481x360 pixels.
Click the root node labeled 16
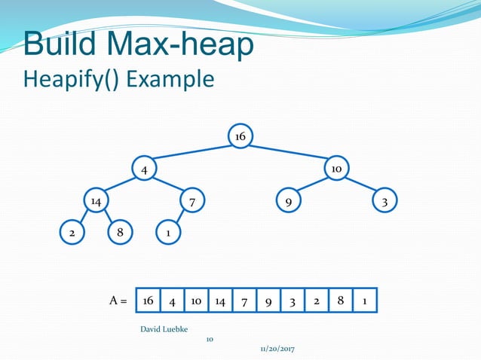tap(240, 136)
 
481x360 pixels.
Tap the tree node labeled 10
tap(336, 169)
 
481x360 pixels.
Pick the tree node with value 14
tap(96, 202)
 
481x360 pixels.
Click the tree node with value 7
tap(192, 202)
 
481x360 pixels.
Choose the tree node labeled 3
tap(384, 202)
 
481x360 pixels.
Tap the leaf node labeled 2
tap(72, 233)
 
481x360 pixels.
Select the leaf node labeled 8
tap(120, 233)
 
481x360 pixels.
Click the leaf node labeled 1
tap(168, 233)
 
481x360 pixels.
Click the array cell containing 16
tap(149, 301)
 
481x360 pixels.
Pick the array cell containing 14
tap(220, 301)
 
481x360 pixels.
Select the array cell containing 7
tap(244, 301)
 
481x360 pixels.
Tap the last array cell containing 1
tap(364, 301)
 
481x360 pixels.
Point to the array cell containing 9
tap(268, 301)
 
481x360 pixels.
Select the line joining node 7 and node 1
tap(180, 218)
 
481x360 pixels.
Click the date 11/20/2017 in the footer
tap(277, 350)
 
